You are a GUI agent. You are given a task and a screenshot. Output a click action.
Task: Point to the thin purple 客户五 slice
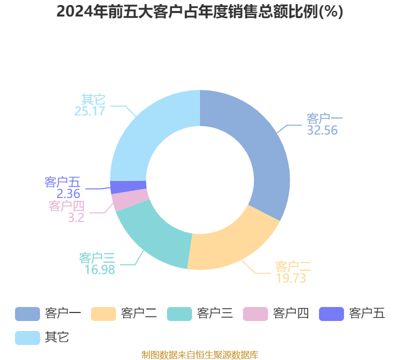point(128,186)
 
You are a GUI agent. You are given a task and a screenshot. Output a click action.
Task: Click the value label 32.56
point(322,130)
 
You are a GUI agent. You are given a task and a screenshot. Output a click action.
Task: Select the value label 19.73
point(290,278)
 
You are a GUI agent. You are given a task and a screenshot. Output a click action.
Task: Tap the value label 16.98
point(99,269)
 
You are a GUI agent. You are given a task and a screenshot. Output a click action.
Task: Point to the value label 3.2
point(76,217)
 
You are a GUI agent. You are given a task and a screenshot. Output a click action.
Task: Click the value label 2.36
point(68,193)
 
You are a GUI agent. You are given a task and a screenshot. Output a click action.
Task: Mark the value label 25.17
point(90,110)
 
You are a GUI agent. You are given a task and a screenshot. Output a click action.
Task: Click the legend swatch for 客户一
point(27,313)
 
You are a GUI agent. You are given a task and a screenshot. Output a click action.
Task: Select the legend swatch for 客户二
point(103,313)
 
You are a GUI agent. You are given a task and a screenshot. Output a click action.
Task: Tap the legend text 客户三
point(214,313)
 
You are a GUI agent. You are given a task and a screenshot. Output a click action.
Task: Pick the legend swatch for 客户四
point(255,313)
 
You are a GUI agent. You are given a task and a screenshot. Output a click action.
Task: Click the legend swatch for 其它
point(27,337)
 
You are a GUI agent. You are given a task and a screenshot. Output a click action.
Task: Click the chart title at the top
point(200,11)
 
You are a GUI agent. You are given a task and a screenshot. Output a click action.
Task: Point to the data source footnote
point(200,354)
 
